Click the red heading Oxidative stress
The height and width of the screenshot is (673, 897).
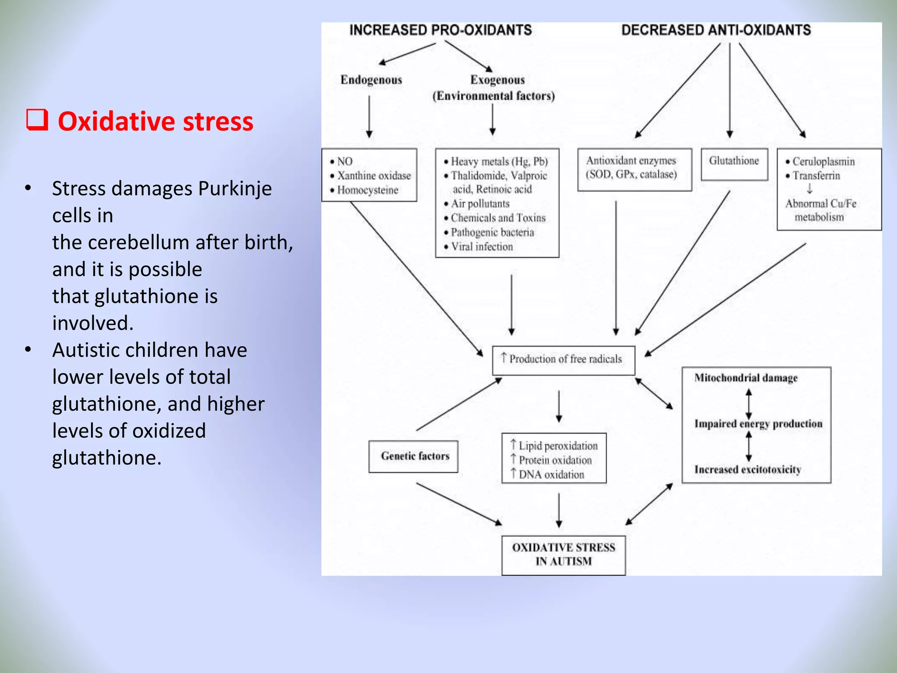[155, 121]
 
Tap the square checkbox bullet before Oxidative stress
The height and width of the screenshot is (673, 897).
[37, 120]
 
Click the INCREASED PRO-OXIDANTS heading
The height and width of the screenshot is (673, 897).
[440, 30]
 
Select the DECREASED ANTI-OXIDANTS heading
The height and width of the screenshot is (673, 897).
[716, 30]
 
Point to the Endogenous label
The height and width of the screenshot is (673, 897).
[371, 80]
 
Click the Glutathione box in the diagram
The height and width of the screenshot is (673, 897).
[734, 163]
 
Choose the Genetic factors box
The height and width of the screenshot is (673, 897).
[414, 456]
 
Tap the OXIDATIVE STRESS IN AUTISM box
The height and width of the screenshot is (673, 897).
[563, 555]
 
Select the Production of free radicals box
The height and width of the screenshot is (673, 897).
[563, 360]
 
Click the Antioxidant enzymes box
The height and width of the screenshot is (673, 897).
[634, 169]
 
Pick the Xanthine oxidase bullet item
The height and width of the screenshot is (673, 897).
[374, 176]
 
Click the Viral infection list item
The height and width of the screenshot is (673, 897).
[481, 247]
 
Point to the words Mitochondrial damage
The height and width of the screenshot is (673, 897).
[745, 378]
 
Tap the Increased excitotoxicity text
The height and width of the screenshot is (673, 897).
[747, 470]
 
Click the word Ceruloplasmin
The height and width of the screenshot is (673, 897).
[823, 161]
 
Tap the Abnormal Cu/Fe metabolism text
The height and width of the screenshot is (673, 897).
[820, 210]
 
